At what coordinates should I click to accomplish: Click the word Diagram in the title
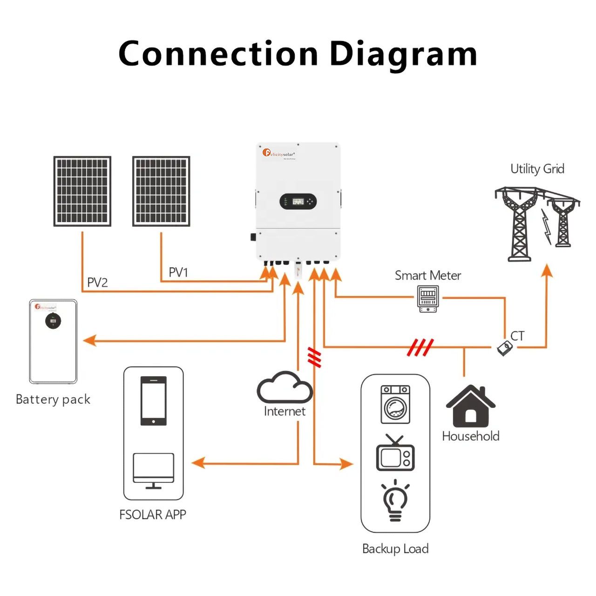click(403, 54)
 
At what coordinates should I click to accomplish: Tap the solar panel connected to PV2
click(82, 191)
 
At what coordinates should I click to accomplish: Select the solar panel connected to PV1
click(161, 191)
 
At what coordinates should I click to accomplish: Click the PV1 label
click(178, 272)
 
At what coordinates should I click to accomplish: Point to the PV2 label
click(97, 283)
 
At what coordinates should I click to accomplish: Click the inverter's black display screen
click(298, 202)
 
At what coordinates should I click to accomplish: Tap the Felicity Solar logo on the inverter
click(279, 153)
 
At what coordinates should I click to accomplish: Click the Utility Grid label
click(537, 169)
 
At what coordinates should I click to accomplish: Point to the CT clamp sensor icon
click(504, 348)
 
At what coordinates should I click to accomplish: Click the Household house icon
click(470, 406)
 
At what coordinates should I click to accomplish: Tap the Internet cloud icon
click(284, 387)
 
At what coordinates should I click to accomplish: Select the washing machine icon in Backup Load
click(395, 404)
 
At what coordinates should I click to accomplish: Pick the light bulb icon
click(395, 501)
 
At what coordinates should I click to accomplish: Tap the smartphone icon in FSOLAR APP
click(154, 400)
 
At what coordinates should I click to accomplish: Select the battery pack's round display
click(53, 321)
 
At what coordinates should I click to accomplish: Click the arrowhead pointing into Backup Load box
click(346, 464)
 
